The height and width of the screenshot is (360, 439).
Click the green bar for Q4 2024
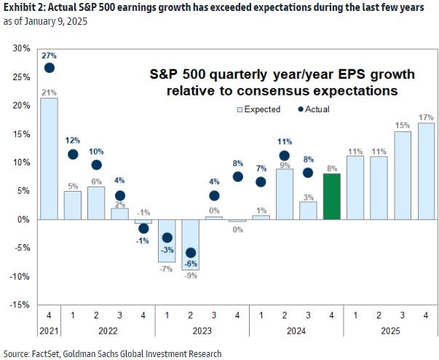331,196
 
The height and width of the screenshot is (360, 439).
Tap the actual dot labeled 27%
49,68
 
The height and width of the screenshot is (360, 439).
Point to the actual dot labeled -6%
190,253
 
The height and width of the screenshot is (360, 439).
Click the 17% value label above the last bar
425,116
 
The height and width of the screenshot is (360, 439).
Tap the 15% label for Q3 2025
402,125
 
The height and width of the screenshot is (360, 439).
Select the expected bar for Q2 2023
190,244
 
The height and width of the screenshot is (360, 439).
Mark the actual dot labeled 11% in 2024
284,156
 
